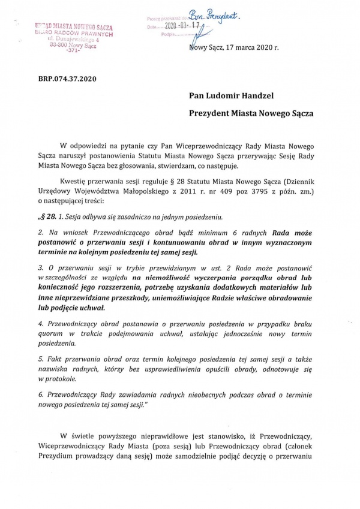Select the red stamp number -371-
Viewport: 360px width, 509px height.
point(73,52)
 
